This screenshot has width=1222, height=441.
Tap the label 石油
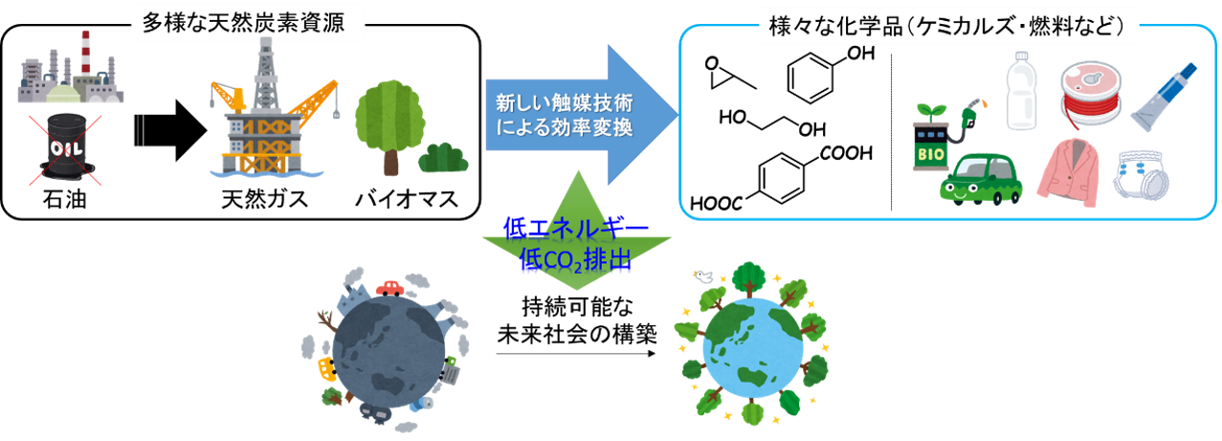[64, 200]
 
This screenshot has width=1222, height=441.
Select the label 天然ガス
[264, 200]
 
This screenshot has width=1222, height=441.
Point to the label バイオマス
[407, 200]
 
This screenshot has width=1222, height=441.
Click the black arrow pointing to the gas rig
[170, 130]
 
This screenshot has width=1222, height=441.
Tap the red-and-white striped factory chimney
[86, 52]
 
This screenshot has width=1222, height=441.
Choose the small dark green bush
[443, 158]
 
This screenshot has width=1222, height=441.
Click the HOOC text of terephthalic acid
[716, 204]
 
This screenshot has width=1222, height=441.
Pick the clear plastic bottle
[1021, 91]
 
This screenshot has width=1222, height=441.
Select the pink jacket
[1067, 172]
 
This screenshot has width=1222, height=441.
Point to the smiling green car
[980, 179]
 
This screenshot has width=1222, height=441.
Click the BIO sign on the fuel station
[931, 154]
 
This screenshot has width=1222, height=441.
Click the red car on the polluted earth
[390, 288]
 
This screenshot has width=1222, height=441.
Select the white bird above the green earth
[702, 276]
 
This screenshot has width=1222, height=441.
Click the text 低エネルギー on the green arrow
[576, 229]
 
